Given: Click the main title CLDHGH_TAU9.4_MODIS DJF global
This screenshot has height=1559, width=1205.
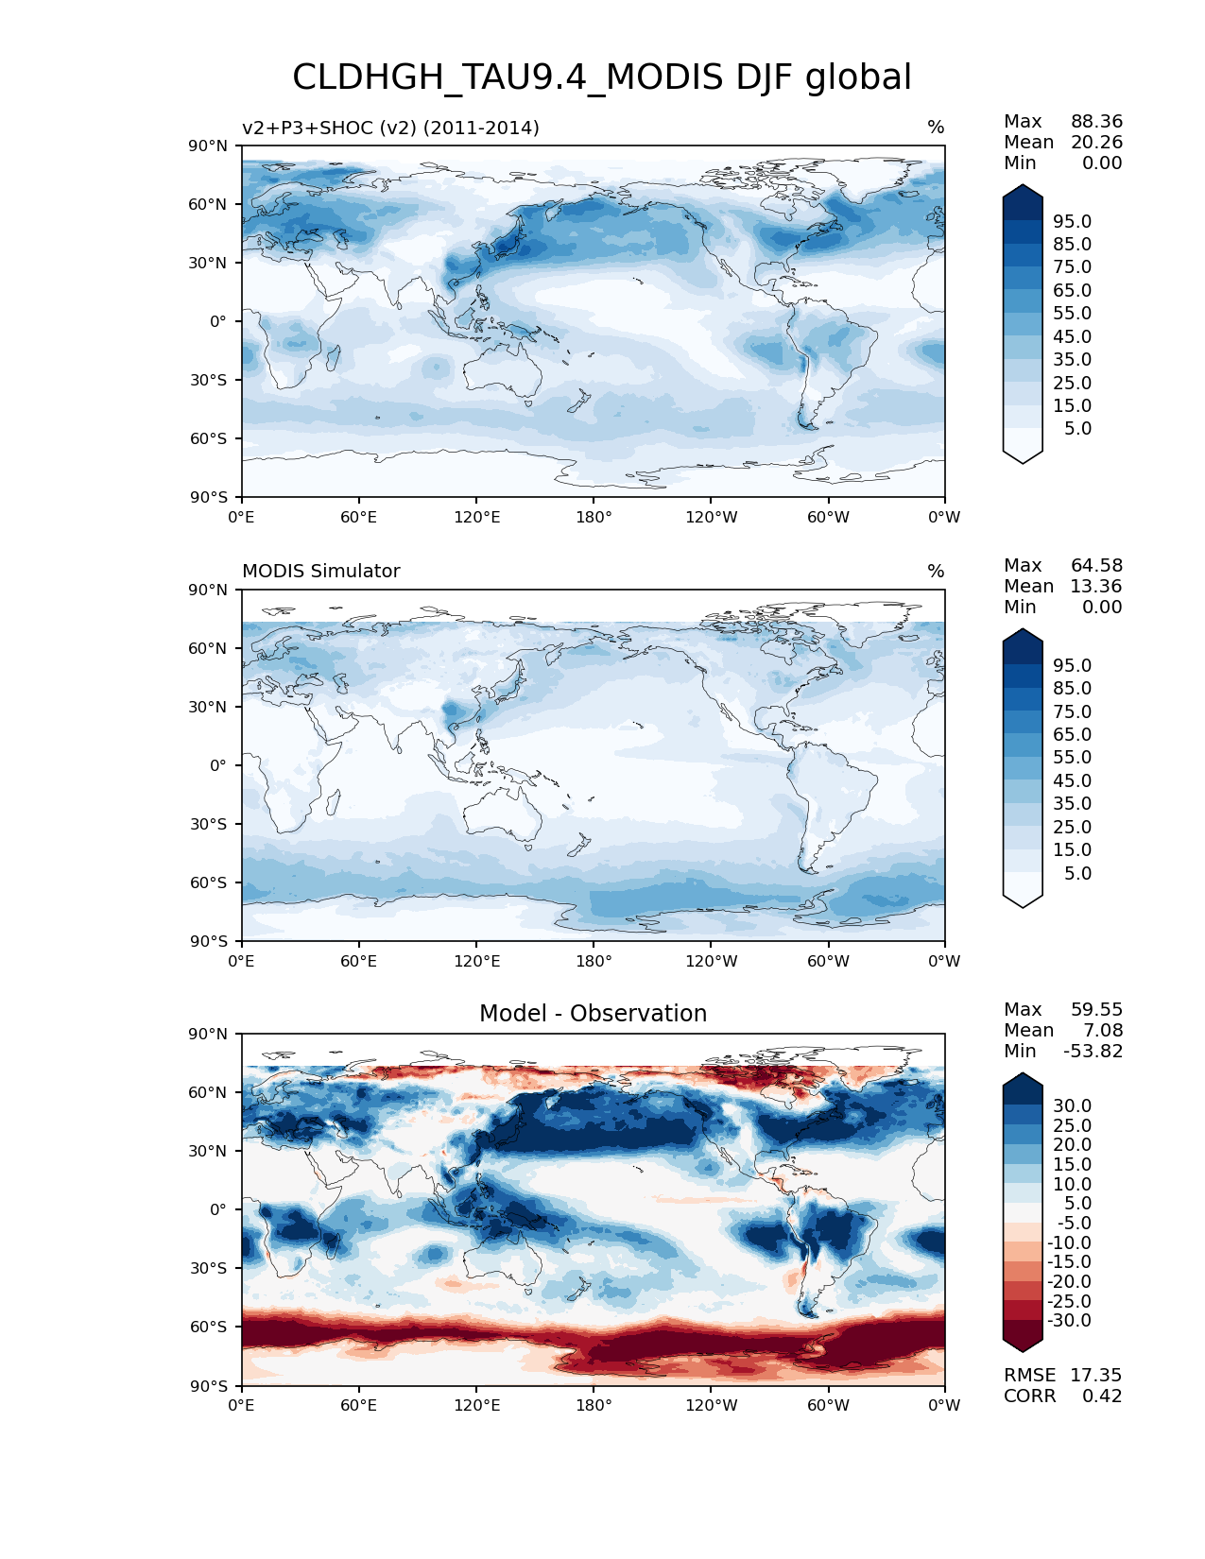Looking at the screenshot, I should [602, 77].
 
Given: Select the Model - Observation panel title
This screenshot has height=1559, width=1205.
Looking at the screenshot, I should [593, 1014].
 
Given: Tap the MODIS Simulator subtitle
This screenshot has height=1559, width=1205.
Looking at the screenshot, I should [321, 572].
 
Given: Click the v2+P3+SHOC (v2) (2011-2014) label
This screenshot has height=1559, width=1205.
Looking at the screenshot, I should [390, 128].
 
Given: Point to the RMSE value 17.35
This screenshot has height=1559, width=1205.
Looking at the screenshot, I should [1095, 1376].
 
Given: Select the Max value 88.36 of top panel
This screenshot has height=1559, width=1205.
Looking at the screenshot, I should [1096, 122].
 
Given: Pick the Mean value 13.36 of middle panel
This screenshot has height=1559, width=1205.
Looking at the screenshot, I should [1095, 587].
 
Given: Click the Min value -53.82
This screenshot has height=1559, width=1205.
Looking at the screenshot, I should [1093, 1052].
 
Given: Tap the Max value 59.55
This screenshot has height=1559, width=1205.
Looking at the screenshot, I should [1096, 1010].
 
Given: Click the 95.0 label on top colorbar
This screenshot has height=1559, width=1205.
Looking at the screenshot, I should [1072, 222].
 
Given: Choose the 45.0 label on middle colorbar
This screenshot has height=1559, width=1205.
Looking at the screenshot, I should [1072, 781].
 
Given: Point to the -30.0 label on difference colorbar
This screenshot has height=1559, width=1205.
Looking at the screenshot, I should [1069, 1321].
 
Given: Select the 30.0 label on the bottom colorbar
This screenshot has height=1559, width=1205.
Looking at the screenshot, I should [1072, 1106].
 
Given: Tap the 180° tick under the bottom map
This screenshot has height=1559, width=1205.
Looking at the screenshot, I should [594, 1406].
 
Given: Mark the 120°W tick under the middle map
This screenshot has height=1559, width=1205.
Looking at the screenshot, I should [712, 962].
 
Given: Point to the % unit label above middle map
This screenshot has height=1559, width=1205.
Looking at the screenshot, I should [936, 572].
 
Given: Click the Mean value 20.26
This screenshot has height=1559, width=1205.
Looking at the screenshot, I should [1095, 143].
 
